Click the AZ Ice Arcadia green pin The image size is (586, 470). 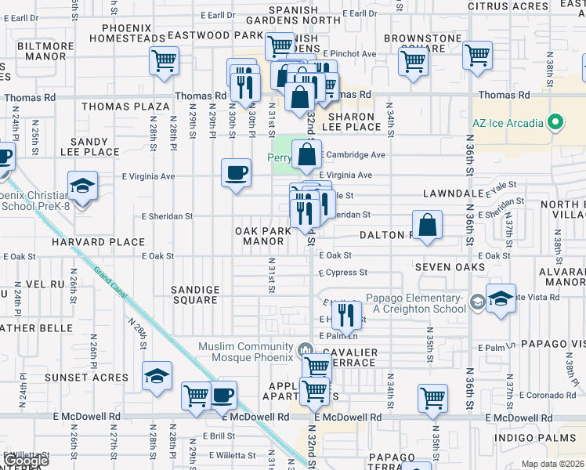[555, 122]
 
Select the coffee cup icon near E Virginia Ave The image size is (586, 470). [235, 173]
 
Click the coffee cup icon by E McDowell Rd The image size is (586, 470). [222, 395]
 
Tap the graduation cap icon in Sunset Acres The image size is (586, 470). [157, 377]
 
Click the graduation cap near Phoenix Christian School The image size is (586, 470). [81, 186]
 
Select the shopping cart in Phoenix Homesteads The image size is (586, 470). [164, 60]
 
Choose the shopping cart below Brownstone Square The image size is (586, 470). [413, 60]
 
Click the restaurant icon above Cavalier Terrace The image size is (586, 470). [345, 315]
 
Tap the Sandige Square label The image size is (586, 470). [194, 295]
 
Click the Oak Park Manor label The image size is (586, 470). [263, 236]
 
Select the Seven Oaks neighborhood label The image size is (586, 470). [445, 268]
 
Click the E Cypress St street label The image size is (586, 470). [342, 273]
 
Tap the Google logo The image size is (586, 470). [26, 461]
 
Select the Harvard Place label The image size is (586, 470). [89, 243]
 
